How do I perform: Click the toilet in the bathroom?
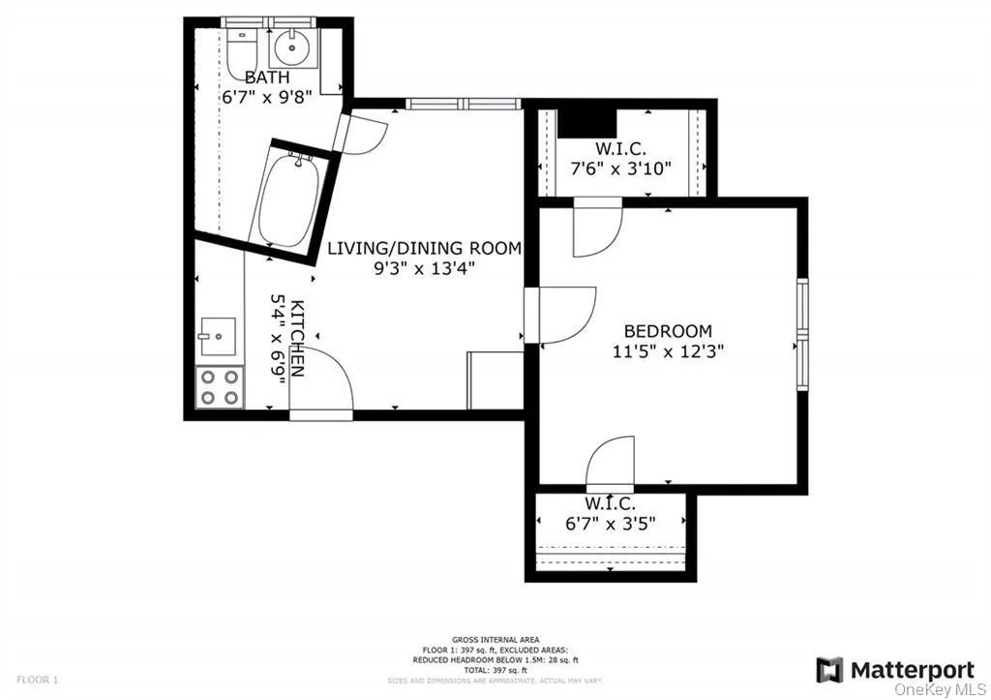pos(243,50)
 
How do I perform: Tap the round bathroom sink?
pos(287,46)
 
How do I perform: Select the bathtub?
pos(287,199)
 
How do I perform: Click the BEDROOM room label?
pos(668,331)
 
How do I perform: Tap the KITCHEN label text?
pos(297,337)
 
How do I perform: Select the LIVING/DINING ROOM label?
pos(424,249)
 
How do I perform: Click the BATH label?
pos(267,77)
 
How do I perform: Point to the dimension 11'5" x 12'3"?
pos(668,351)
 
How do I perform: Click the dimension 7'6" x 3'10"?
pos(619,167)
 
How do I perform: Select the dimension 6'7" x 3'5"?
pos(610,524)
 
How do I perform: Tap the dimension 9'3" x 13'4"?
pos(424,269)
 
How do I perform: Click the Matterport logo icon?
pos(829,670)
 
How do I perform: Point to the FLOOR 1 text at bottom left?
pos(38,681)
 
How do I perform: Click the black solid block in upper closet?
pos(588,122)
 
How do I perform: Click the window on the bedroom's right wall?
pos(801,334)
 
